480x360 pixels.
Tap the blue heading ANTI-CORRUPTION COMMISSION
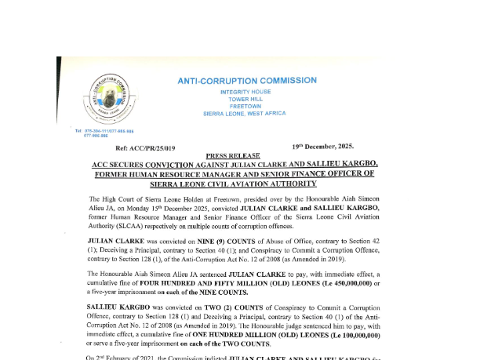tap(247, 80)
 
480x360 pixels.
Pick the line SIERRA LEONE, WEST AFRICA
tap(245, 113)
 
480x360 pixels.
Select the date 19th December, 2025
tap(323, 146)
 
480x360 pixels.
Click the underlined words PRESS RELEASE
tap(233, 156)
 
